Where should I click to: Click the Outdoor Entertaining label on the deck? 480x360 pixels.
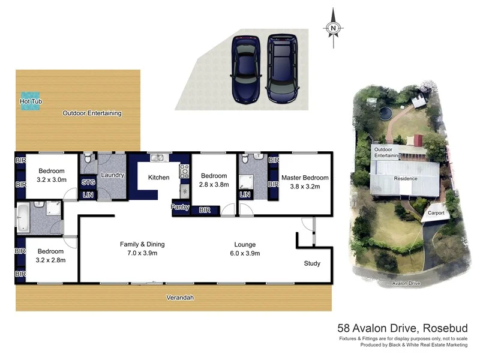[x=92, y=113]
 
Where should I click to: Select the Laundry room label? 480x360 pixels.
[x=113, y=175]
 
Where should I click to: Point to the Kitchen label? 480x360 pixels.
[x=159, y=177]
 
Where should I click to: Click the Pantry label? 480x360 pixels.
[x=181, y=208]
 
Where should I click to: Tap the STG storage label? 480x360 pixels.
[x=88, y=182]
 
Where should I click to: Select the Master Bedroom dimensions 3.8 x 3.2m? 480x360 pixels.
[x=306, y=186]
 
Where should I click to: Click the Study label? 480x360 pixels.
[x=312, y=263]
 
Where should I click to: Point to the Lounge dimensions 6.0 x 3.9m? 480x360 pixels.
[x=245, y=253]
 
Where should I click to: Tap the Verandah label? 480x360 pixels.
[x=180, y=298]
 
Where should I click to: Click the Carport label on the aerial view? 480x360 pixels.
[x=436, y=213]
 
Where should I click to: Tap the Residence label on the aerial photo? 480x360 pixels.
[x=405, y=179]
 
